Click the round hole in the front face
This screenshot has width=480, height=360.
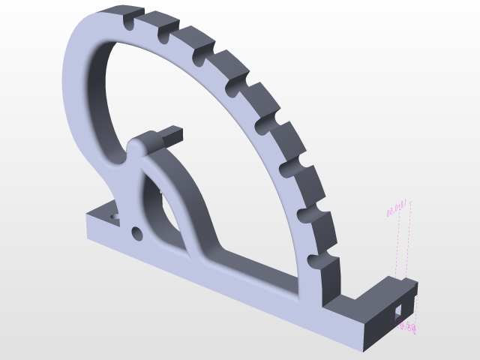pos(136,234)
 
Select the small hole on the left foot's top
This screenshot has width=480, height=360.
pos(115,216)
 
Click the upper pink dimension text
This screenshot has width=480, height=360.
pos(396,208)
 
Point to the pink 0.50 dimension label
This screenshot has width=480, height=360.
pos(406,326)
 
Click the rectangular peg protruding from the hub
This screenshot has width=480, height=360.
pos(171,135)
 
